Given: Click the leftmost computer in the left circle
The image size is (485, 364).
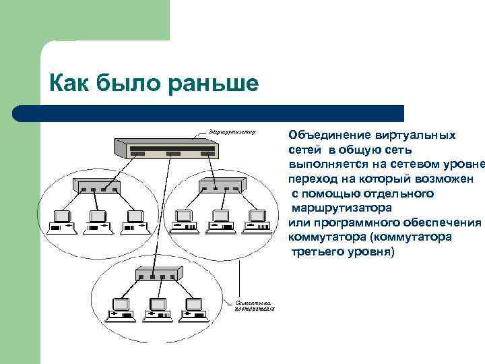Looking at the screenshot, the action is (62, 221).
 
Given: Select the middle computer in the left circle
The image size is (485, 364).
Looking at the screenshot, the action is (97, 221).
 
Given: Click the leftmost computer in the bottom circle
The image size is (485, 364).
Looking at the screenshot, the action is (121, 309).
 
